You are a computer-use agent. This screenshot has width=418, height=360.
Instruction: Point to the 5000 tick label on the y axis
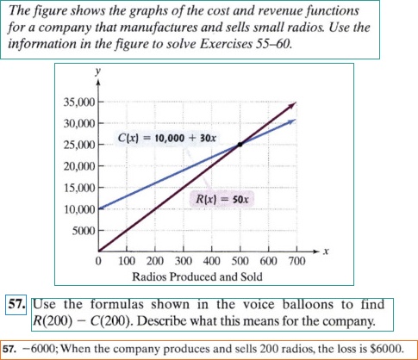[82, 231]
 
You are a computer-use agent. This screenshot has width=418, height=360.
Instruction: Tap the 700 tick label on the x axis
[295, 261]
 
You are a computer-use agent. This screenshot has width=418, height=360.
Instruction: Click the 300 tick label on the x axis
[183, 261]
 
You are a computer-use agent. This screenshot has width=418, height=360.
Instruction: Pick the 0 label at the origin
[100, 261]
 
